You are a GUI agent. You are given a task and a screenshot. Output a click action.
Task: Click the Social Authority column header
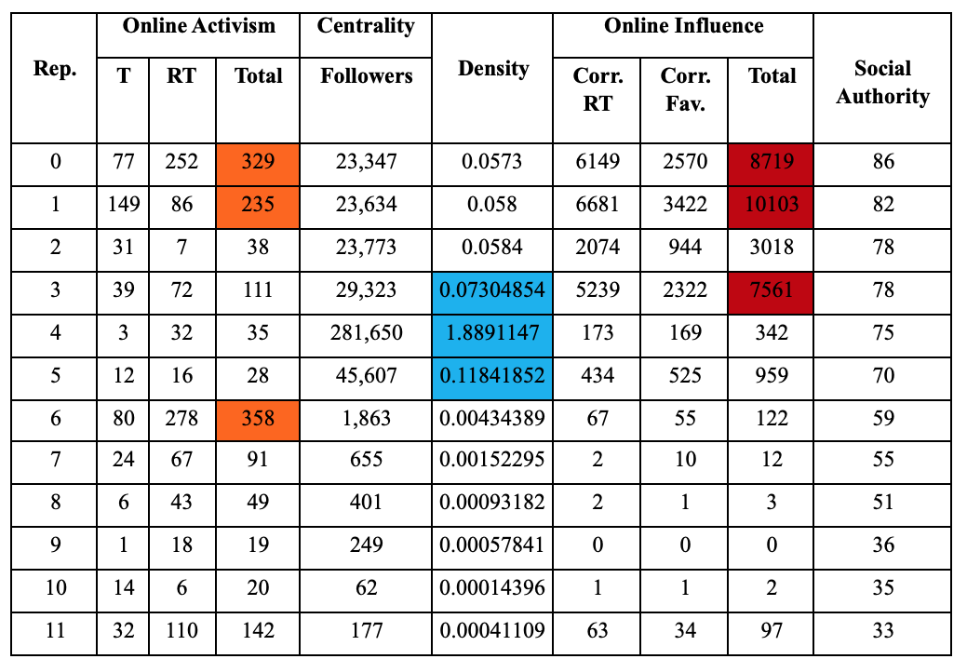[882, 82]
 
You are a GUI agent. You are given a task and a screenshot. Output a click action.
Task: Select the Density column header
[492, 69]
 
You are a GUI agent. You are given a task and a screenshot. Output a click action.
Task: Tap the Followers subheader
[366, 76]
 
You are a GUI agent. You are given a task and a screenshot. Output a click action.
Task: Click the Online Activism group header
[198, 26]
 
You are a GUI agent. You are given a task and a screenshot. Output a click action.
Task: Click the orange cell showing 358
[258, 418]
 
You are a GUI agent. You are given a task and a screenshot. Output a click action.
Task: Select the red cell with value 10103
[772, 204]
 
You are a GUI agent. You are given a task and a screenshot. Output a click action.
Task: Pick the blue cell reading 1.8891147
[492, 332]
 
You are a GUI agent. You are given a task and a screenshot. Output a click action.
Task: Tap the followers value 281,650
[366, 332]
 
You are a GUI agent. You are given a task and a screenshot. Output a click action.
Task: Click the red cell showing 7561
[772, 289]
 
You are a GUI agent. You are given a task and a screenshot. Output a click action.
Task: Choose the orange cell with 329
[258, 162]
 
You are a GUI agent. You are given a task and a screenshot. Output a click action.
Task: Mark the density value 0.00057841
[492, 545]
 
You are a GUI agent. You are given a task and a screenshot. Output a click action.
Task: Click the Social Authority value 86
[882, 162]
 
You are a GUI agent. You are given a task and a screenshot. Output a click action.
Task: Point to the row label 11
[55, 630]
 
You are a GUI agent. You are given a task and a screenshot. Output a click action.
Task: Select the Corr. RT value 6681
[598, 204]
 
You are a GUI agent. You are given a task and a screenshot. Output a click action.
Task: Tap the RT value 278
[181, 418]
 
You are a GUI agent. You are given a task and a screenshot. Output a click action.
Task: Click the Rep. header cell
[55, 70]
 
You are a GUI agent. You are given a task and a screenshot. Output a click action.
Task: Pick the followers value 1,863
[366, 418]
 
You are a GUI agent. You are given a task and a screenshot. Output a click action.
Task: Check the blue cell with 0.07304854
[492, 289]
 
